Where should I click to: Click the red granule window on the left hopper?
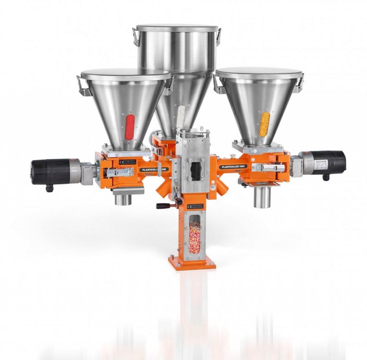click(x=129, y=127)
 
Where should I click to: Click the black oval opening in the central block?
click(x=196, y=170)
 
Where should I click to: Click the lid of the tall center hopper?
click(x=177, y=28)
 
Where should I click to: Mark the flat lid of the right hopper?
click(x=259, y=73)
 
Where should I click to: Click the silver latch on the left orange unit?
click(x=120, y=173)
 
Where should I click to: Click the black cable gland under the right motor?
click(x=326, y=177)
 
